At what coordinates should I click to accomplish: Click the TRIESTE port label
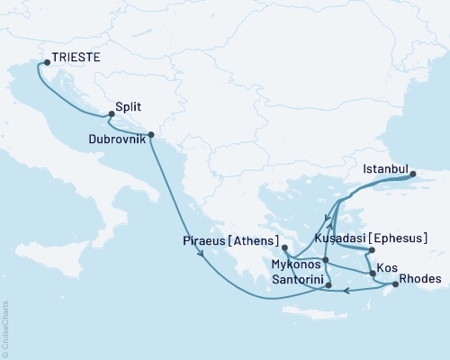pyautogui.click(x=76, y=57)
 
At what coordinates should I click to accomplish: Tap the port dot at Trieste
pyautogui.click(x=47, y=62)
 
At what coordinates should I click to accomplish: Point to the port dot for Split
pyautogui.click(x=111, y=114)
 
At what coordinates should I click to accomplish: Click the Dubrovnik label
pyautogui.click(x=118, y=139)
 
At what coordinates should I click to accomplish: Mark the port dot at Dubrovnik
pyautogui.click(x=150, y=135)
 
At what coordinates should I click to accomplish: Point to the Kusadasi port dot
pyautogui.click(x=370, y=248)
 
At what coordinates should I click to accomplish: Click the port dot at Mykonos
pyautogui.click(x=326, y=260)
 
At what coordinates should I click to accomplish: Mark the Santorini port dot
pyautogui.click(x=328, y=286)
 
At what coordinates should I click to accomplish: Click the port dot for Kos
pyautogui.click(x=373, y=271)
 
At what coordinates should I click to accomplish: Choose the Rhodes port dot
pyautogui.click(x=394, y=286)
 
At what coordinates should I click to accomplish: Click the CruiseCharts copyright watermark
pyautogui.click(x=5, y=328)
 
